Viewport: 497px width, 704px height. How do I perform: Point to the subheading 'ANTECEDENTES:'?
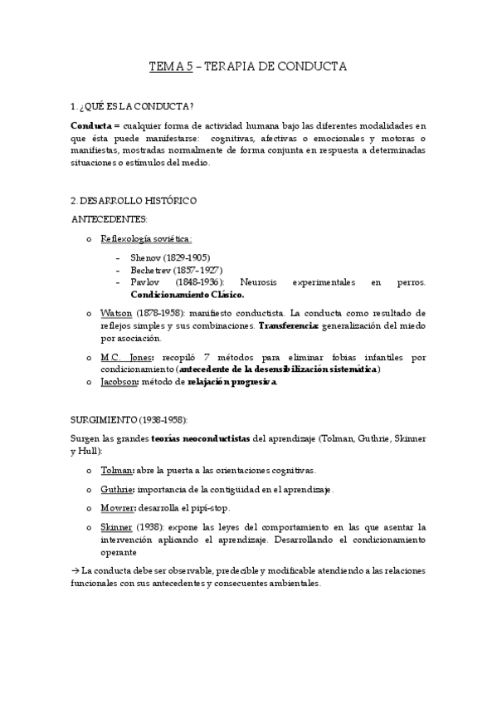pos(110,219)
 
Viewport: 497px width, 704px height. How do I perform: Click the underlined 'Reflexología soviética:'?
pos(146,239)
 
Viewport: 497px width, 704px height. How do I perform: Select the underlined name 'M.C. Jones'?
pos(126,357)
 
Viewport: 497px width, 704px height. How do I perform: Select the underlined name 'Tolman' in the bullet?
pos(117,470)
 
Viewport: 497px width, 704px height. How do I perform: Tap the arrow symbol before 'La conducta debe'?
pos(76,571)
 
